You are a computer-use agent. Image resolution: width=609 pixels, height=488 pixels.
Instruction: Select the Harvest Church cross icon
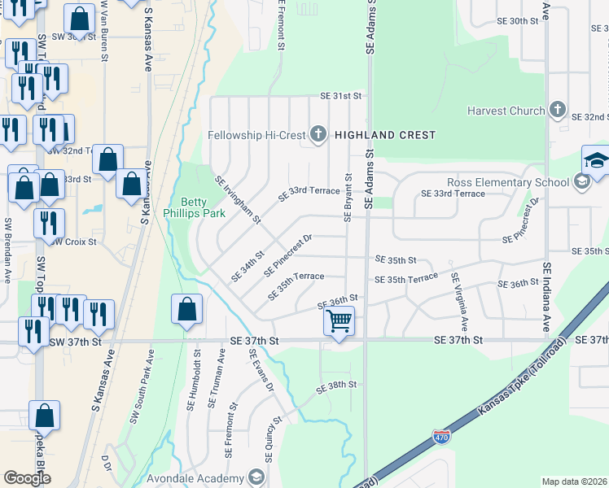tap(558, 110)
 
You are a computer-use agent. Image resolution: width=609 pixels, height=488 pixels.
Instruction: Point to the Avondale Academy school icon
tap(256, 477)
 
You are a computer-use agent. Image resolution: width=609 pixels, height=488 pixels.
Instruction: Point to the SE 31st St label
tap(340, 96)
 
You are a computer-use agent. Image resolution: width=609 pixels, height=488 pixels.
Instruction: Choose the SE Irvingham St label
tap(237, 199)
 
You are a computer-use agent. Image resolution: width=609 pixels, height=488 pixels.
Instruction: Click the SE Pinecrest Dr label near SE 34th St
tap(288, 255)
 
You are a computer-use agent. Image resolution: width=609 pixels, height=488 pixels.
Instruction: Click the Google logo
tap(27, 478)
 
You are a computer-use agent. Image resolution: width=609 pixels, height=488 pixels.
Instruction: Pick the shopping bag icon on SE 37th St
tap(187, 310)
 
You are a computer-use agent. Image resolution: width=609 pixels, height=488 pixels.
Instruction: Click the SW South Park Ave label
tap(142, 390)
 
